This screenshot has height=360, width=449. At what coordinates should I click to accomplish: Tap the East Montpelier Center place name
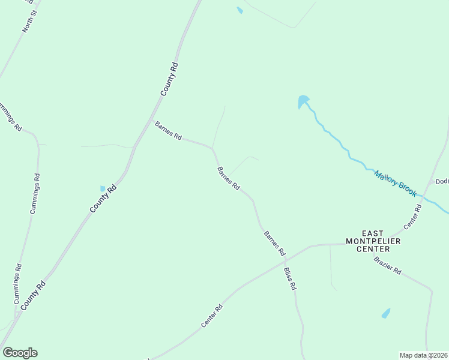376,241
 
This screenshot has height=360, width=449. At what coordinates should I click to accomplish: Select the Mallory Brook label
395,183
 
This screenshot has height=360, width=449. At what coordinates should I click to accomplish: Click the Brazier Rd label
387,265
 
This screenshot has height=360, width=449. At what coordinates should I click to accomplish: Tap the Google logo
20,353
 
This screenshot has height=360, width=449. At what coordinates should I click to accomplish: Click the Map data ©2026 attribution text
424,355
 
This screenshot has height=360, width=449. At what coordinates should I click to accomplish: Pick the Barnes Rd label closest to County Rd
168,131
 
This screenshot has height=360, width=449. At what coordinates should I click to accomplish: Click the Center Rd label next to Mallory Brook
413,217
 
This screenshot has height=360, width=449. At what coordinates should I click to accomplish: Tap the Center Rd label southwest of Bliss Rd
212,316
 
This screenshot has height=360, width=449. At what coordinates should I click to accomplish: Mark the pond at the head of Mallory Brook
303,101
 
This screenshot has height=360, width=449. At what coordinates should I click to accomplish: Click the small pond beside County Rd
103,188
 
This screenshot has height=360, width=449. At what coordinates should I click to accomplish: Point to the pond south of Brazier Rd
385,313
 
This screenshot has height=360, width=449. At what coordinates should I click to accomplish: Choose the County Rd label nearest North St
170,79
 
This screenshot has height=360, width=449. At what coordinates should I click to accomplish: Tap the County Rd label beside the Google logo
33,296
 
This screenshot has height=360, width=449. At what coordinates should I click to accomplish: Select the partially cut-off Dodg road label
442,181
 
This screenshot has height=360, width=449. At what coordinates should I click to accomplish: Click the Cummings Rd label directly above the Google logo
18,283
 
